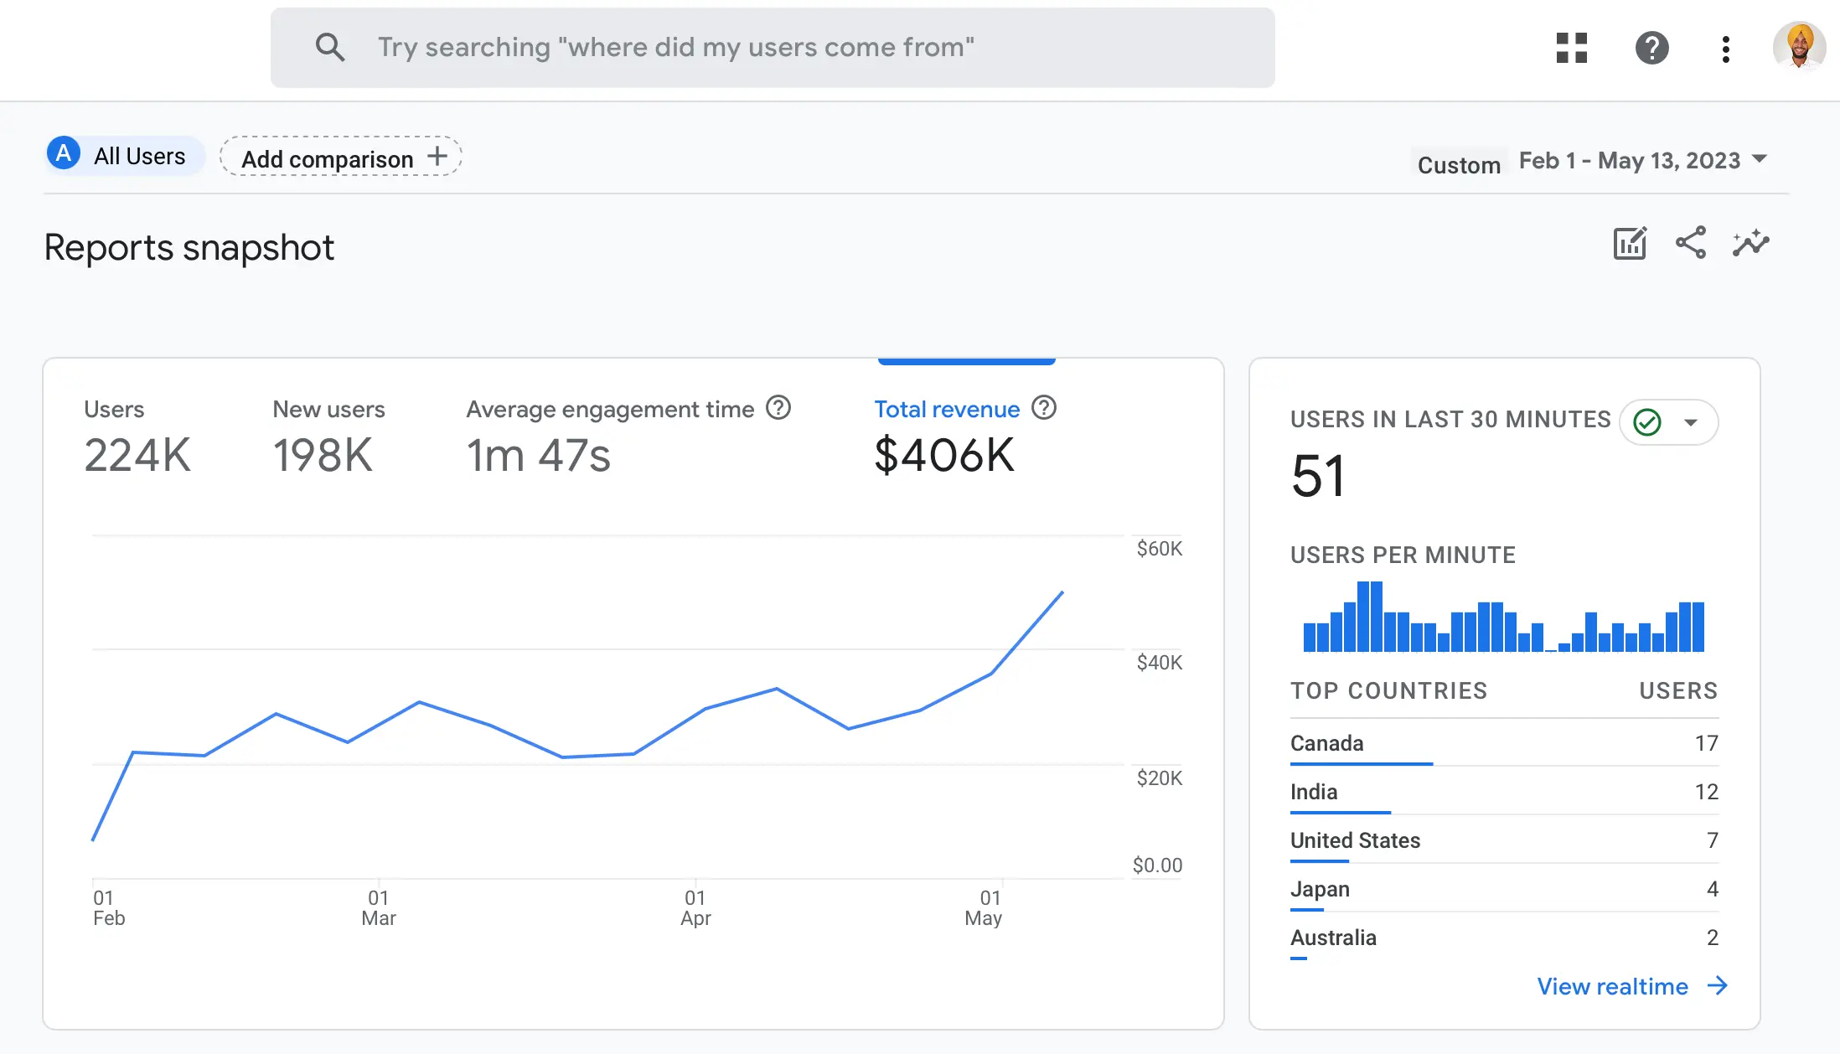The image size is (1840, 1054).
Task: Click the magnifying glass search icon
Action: pos(329,48)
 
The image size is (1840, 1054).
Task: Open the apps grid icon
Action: pos(1571,48)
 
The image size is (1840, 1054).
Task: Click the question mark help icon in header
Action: pos(1651,48)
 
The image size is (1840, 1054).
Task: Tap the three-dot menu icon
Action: pos(1725,49)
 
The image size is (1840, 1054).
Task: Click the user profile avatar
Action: pos(1798,46)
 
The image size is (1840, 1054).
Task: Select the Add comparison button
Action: pos(341,157)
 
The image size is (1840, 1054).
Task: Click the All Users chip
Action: pos(125,156)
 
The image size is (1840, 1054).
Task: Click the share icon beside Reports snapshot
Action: pos(1690,243)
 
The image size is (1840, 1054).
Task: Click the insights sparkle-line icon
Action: pos(1750,243)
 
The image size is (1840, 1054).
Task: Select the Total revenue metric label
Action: pos(947,409)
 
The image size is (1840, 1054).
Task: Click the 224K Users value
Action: pos(137,456)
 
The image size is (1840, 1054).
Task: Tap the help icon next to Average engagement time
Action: pos(778,408)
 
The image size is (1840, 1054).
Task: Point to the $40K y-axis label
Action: pos(1159,663)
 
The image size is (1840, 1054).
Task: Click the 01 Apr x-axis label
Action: pos(695,908)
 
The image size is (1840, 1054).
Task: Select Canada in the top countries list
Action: pos(1326,743)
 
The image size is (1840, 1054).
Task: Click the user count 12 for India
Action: pos(1706,792)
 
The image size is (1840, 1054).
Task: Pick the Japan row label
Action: pos(1320,889)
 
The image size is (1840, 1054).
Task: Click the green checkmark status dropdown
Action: pos(1668,422)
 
